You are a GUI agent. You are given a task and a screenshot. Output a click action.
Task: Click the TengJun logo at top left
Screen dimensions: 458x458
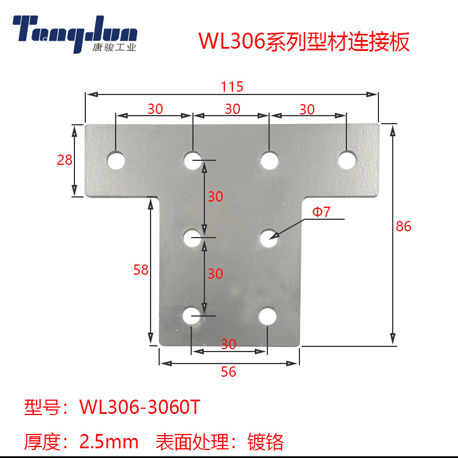75,31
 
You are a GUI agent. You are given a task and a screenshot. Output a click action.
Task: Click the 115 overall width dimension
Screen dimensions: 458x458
232,87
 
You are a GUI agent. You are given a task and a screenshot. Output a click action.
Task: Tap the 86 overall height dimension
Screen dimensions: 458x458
404,226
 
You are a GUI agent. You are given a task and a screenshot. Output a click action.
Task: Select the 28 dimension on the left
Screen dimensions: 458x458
65,160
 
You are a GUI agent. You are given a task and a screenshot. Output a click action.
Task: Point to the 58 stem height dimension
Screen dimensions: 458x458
141,270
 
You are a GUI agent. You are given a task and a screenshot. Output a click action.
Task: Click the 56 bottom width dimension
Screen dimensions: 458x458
228,372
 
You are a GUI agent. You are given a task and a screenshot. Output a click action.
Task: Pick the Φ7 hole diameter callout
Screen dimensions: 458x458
322,212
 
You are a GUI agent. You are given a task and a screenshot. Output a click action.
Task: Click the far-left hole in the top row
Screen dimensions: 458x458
117,160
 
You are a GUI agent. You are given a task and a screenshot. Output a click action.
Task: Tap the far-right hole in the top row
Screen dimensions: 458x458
346,160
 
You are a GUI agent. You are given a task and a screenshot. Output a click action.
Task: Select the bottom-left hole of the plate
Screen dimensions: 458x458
192,315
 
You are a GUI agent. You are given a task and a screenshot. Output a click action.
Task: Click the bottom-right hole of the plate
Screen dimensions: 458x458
267,315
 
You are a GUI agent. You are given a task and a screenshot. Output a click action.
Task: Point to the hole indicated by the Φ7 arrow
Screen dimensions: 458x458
267,238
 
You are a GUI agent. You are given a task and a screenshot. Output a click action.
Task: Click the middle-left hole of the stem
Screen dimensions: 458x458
192,237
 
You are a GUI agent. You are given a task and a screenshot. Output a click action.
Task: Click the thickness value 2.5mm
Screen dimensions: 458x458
109,441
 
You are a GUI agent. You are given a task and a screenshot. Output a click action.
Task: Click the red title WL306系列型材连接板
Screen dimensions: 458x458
304,42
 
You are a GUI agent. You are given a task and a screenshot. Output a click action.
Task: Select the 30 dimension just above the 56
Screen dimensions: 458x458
228,344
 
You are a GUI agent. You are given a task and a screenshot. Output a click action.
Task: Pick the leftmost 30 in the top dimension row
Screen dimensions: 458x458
155,109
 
